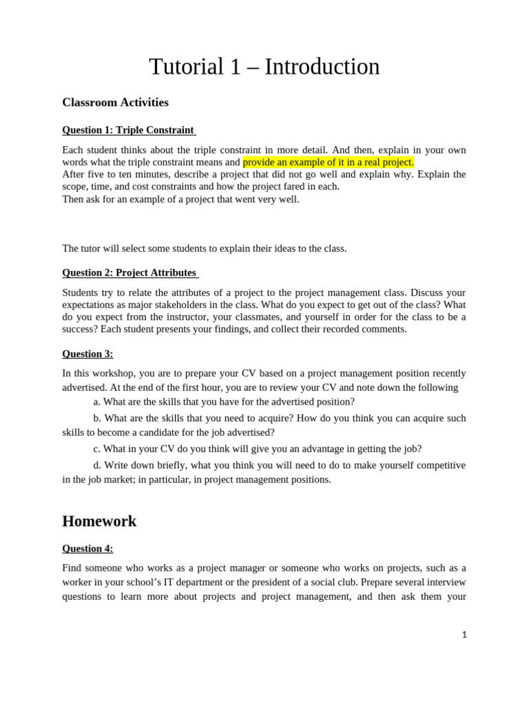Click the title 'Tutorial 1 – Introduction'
click(x=264, y=67)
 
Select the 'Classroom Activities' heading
click(x=115, y=103)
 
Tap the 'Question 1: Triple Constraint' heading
click(x=128, y=130)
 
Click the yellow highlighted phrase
click(x=328, y=162)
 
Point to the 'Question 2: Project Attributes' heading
click(x=129, y=272)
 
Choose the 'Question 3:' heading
click(x=87, y=354)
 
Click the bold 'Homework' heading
click(x=99, y=521)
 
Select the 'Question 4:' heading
click(x=87, y=549)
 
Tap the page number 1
click(x=464, y=635)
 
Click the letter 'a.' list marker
click(x=97, y=402)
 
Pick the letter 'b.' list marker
click(x=97, y=418)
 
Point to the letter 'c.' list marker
click(x=97, y=449)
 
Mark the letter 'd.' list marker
click(x=97, y=465)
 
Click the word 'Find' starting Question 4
click(x=72, y=568)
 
